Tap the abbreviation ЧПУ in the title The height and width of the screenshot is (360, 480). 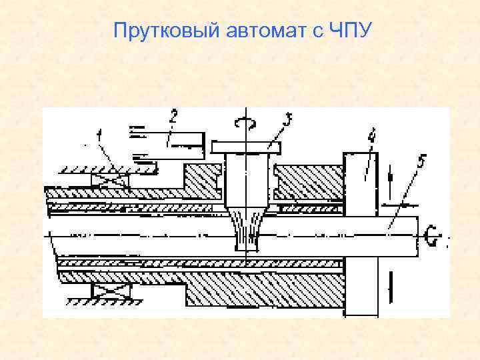tap(347, 31)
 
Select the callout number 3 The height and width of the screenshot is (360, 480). tap(287, 121)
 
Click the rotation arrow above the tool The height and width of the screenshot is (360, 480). tap(247, 121)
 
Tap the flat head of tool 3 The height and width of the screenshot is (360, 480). tap(247, 146)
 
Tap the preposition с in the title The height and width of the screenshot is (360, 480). tap(317, 31)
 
